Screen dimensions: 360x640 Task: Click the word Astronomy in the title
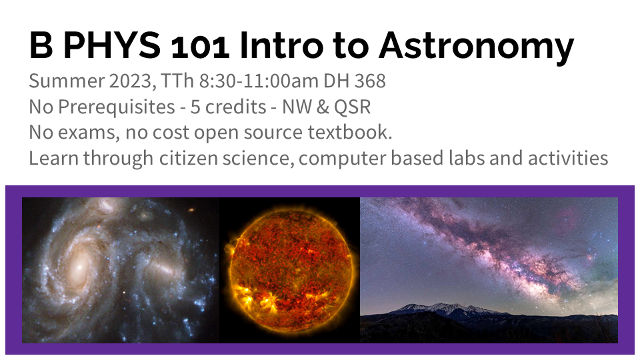click(x=476, y=47)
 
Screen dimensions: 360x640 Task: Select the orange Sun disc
click(x=290, y=265)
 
